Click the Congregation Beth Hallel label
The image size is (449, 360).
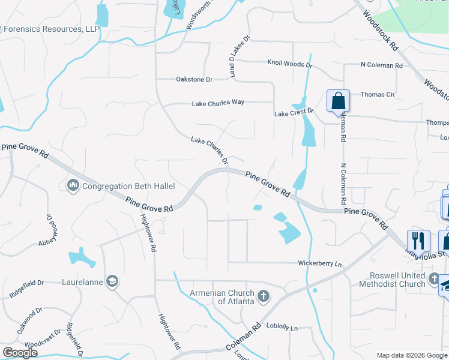click(x=121, y=186)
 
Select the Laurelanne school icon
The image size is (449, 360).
click(x=112, y=281)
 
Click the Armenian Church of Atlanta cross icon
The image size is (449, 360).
click(x=263, y=296)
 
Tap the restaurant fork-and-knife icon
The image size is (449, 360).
click(x=418, y=241)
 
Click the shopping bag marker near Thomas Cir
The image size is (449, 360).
click(x=338, y=101)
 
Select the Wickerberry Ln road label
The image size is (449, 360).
click(x=320, y=263)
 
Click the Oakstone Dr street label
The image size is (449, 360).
click(x=194, y=79)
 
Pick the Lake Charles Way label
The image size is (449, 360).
click(x=218, y=103)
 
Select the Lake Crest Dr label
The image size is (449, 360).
click(x=294, y=113)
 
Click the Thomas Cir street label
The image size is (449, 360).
click(x=378, y=94)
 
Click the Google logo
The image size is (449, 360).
click(x=20, y=353)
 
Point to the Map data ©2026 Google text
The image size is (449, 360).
click(x=411, y=355)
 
